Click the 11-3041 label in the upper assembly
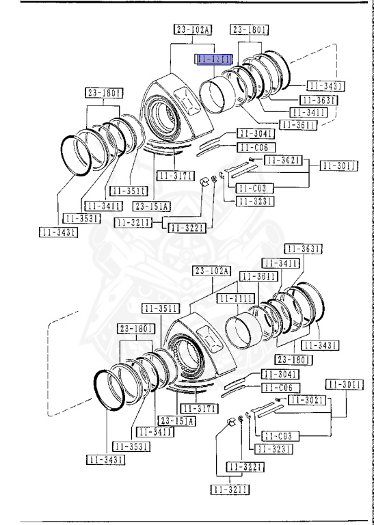pos(256,133)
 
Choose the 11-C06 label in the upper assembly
pos(256,148)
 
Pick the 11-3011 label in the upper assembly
pos(338,165)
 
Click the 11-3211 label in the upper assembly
pos(133,222)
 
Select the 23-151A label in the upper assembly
pos(152,205)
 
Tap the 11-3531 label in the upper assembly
pos(81,218)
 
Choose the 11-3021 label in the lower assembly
pos(305,399)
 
